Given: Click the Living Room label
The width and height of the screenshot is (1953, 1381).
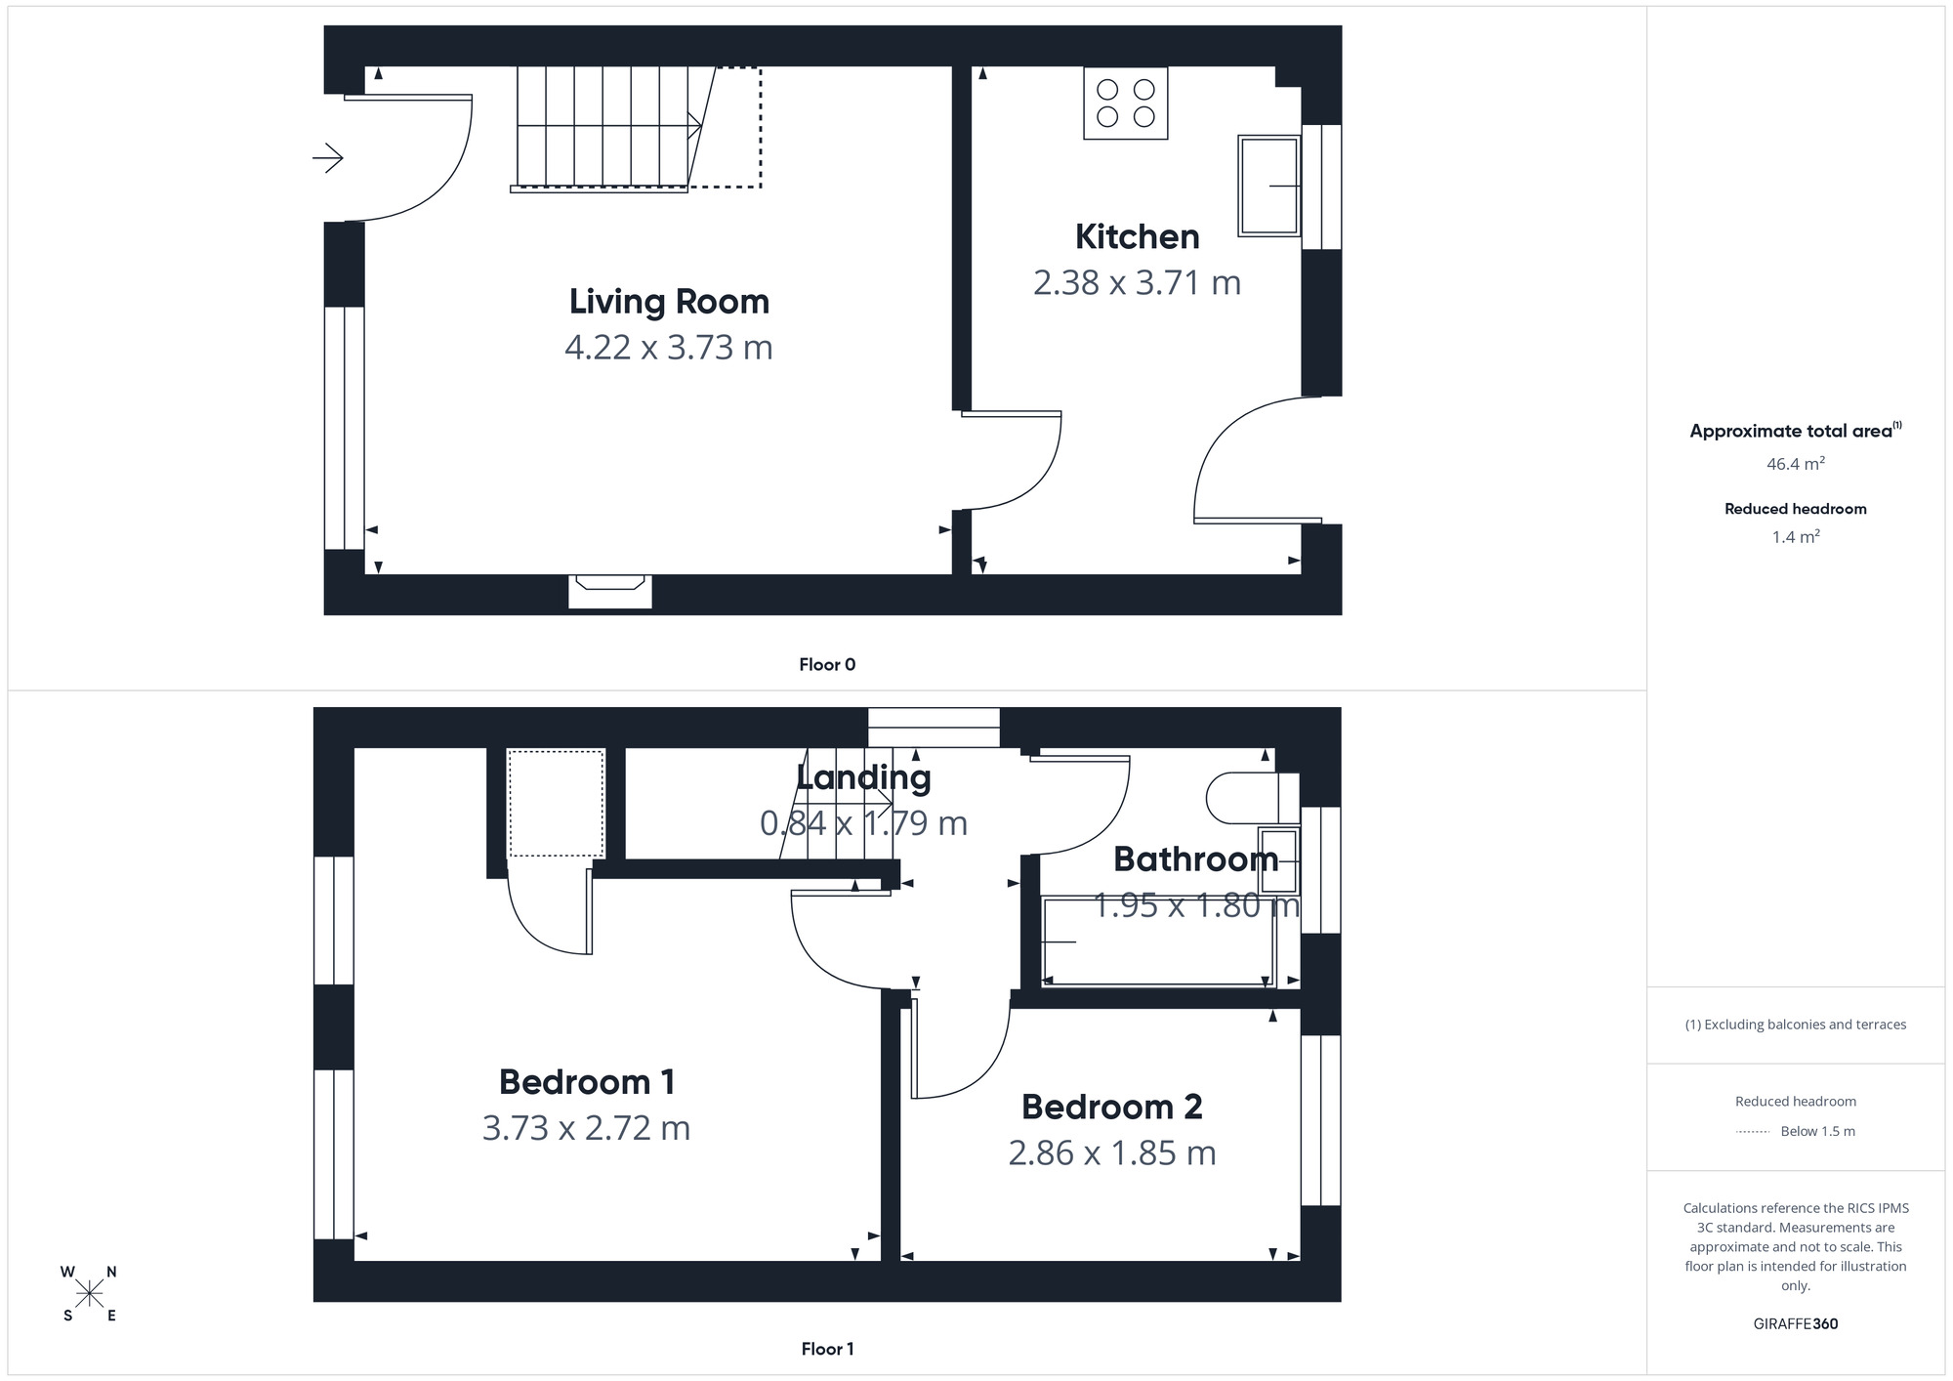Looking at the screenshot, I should [x=669, y=302].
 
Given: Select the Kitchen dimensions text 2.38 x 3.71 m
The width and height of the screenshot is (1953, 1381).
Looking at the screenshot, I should [x=1137, y=283].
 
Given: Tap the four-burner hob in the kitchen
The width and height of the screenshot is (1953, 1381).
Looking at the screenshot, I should [x=1125, y=104].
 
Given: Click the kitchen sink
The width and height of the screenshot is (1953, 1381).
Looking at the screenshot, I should [x=1268, y=186].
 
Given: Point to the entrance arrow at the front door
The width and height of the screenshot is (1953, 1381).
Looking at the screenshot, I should [x=328, y=157].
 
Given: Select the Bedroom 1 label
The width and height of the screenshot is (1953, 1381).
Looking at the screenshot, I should [x=586, y=1082].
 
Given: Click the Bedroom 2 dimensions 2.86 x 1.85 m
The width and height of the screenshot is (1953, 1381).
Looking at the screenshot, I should [x=1111, y=1153].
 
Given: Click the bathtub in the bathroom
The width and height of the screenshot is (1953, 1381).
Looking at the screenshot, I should [x=1158, y=942].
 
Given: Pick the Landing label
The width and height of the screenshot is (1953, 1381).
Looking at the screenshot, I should [x=863, y=777].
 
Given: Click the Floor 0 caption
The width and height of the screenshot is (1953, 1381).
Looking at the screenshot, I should [x=827, y=665].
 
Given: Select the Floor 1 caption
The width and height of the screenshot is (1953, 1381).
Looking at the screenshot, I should [x=827, y=1349].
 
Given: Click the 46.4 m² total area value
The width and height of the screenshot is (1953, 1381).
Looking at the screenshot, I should [x=1795, y=464].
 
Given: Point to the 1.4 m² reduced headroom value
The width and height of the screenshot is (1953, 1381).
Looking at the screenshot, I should [x=1795, y=537].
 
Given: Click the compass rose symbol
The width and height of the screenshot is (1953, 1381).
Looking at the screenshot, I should [x=89, y=1294].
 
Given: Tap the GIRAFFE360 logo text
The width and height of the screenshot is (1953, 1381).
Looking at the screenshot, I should [x=1795, y=1324].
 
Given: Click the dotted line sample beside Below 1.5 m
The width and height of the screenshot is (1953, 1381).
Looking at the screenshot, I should [x=1753, y=1132].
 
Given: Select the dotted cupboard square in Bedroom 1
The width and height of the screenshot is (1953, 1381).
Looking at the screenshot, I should [x=556, y=803].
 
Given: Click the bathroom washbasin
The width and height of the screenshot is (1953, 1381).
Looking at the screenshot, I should [x=1278, y=860].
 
